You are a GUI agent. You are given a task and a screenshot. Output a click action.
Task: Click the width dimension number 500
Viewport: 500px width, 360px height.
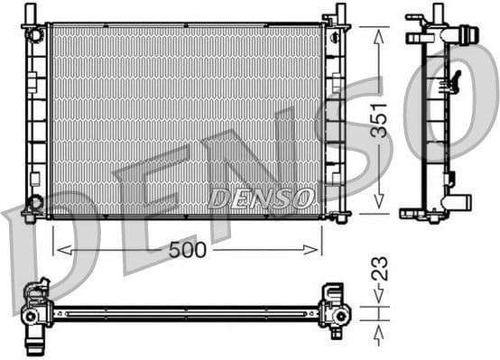(187, 250)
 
